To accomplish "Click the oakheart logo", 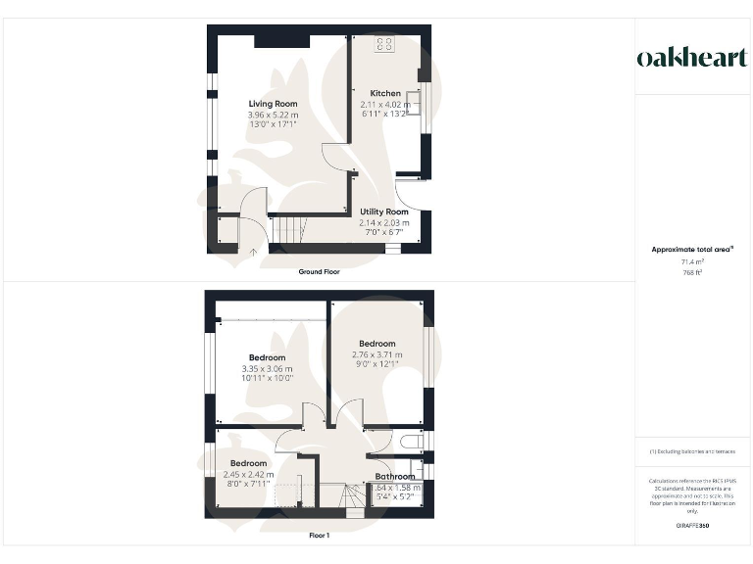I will (x=691, y=58).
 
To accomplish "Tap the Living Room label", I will (x=273, y=104).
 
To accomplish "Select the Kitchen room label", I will (x=385, y=94).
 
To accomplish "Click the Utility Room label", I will (x=384, y=211).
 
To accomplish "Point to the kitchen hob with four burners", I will (x=384, y=44).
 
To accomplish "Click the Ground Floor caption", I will (x=319, y=271).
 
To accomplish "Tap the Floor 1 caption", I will (x=319, y=536).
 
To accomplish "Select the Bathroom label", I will (x=395, y=477).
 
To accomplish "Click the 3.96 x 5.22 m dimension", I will (x=273, y=115).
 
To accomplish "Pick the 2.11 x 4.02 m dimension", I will (x=384, y=104).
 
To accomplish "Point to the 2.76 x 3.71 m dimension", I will (x=377, y=353).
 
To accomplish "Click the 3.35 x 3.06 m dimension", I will (x=268, y=368).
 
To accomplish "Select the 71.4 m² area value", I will (x=692, y=261).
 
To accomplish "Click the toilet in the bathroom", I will (x=412, y=443).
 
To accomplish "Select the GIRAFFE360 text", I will (x=692, y=526).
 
